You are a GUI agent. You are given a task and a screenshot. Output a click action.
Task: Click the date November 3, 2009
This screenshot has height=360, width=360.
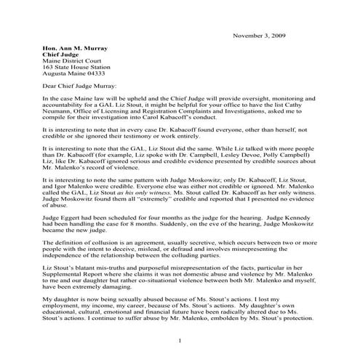pos(265,35)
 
